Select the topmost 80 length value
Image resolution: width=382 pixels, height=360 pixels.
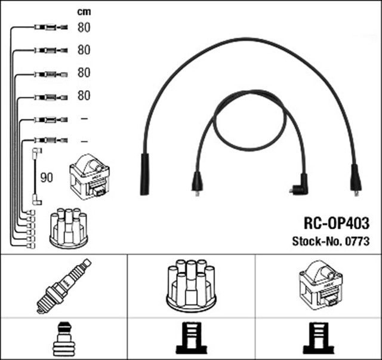click(x=84, y=27)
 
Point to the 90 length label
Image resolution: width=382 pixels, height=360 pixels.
click(x=47, y=177)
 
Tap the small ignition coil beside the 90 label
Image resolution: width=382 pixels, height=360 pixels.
click(x=90, y=177)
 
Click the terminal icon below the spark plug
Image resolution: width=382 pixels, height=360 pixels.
click(x=63, y=339)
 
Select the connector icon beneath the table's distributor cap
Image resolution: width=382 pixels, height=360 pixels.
click(x=191, y=339)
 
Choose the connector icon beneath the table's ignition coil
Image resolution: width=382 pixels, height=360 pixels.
click(x=319, y=339)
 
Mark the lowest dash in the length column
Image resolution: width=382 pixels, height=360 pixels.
click(x=84, y=141)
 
